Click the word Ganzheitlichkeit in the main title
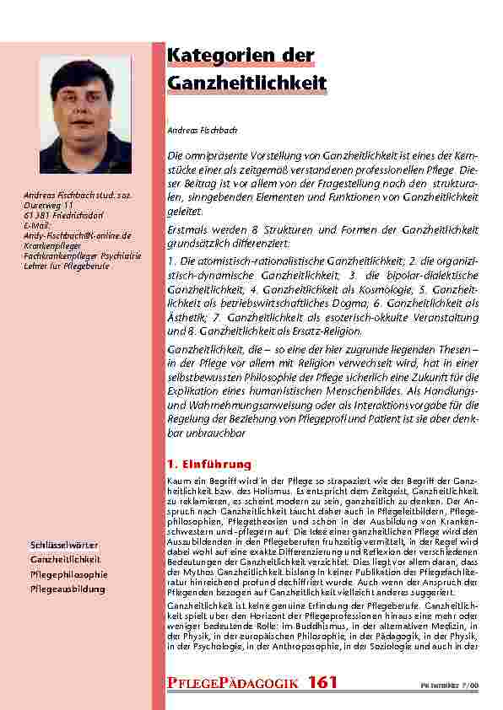246,85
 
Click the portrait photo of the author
97,116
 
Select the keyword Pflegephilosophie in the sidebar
68,573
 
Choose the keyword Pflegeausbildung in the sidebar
68,588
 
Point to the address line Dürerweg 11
50,205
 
